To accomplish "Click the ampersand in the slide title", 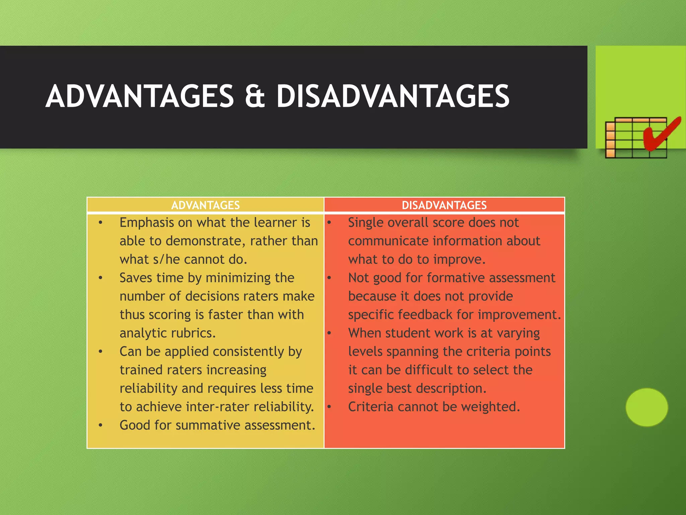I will pos(255,97).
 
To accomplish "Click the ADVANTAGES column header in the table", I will pos(205,205).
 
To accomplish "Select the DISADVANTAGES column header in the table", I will pos(444,205).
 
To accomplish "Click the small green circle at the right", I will pos(646,407).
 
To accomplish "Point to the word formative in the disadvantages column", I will pos(455,278).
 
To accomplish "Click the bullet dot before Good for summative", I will pos(100,425).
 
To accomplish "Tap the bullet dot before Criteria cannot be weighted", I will pos(329,407).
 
